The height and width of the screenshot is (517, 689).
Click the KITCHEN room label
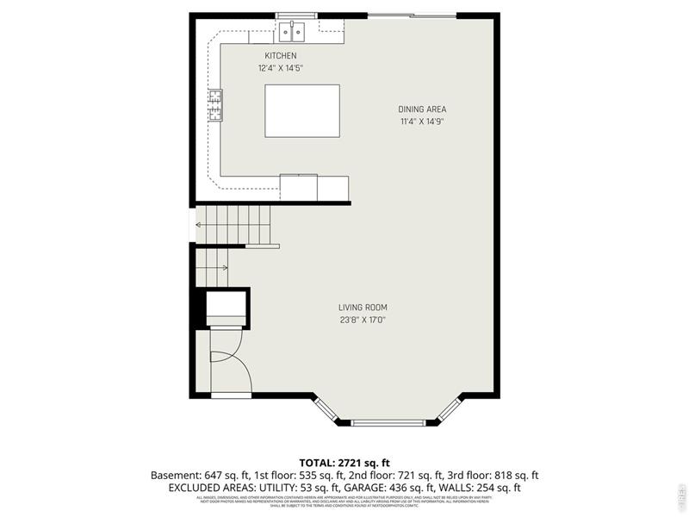(x=281, y=56)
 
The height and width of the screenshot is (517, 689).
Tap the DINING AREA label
(x=422, y=109)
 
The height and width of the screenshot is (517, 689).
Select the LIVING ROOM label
(x=363, y=308)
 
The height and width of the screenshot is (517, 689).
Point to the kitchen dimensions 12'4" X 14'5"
(x=281, y=68)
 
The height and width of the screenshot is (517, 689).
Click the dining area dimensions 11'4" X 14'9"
(x=422, y=121)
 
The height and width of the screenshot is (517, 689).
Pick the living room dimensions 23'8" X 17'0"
(x=363, y=321)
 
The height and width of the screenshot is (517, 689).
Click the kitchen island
(x=301, y=109)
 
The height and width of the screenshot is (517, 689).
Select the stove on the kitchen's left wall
(x=214, y=106)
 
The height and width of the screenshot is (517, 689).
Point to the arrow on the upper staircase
(x=207, y=225)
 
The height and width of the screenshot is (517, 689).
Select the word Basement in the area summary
(x=175, y=476)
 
